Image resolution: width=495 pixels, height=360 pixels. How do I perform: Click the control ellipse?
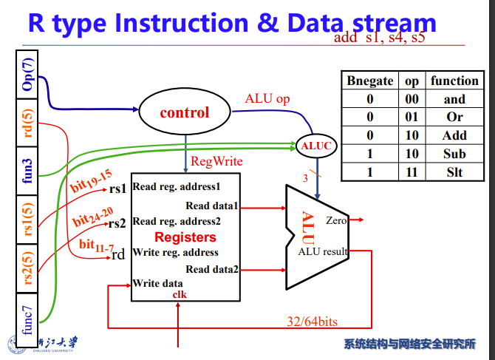click(185, 113)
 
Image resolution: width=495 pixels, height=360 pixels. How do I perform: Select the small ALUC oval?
click(316, 146)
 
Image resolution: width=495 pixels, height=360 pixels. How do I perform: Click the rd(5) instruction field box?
click(28, 123)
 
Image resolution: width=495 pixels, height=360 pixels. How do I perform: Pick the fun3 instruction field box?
click(28, 171)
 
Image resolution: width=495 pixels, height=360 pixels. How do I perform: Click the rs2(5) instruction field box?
click(28, 269)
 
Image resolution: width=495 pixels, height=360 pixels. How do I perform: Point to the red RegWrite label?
click(216, 161)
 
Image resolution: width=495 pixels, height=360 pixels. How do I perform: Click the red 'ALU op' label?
click(267, 98)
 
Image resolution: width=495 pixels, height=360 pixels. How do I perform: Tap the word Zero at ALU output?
click(336, 220)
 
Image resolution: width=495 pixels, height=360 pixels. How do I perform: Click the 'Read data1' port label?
click(211, 206)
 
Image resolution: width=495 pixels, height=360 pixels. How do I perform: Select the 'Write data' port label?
click(157, 283)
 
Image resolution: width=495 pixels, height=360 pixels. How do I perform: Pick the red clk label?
click(180, 294)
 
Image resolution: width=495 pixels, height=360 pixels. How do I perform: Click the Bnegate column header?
click(369, 81)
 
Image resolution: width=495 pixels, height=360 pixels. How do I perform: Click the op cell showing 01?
click(412, 117)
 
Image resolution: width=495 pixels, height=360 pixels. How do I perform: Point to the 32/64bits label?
click(313, 321)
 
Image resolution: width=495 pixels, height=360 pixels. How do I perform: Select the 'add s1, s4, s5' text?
click(380, 38)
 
